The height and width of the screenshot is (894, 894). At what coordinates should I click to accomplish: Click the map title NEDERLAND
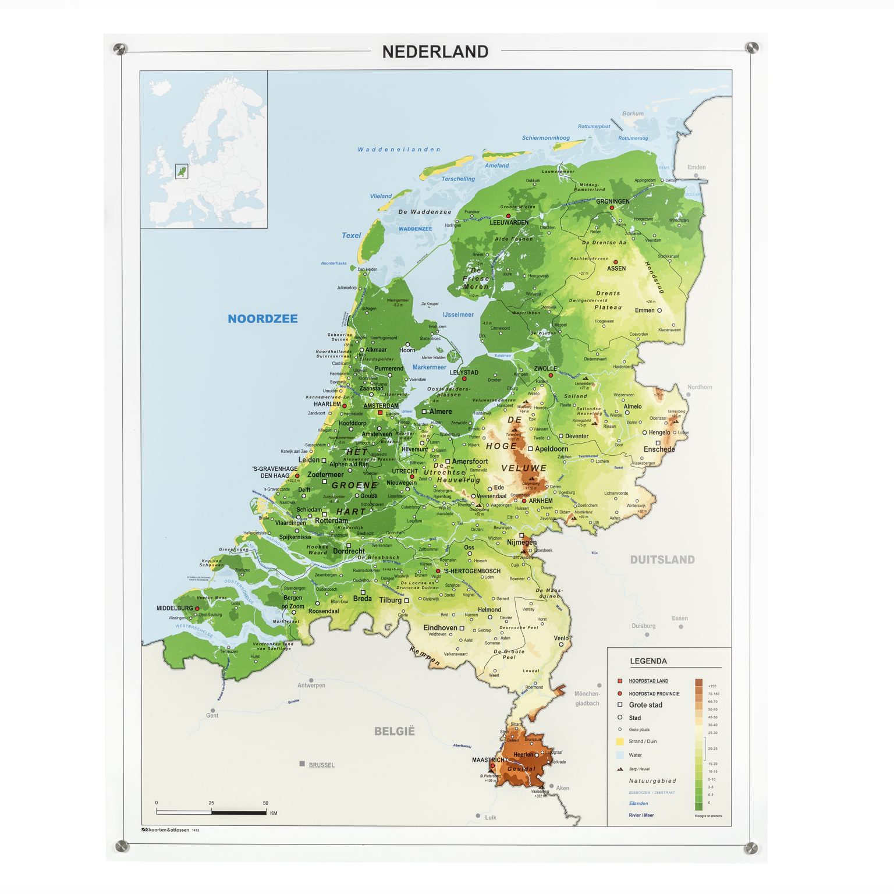(x=435, y=52)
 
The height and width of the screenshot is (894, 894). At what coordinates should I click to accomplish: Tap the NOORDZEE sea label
(x=262, y=318)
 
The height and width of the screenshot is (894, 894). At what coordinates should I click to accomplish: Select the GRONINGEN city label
(x=612, y=201)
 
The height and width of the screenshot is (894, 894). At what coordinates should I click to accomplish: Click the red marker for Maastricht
(x=492, y=767)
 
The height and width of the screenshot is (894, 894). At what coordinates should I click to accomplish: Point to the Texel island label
(x=351, y=235)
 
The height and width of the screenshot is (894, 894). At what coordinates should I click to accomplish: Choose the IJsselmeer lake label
(x=458, y=314)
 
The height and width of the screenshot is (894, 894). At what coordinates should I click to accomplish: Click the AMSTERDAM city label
(x=381, y=406)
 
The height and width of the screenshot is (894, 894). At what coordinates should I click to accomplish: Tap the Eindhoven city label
(x=440, y=627)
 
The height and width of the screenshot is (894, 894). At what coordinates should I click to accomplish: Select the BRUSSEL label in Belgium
(x=321, y=765)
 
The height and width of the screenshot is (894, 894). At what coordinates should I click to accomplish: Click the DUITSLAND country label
(x=662, y=559)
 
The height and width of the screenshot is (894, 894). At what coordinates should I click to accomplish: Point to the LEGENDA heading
(x=648, y=661)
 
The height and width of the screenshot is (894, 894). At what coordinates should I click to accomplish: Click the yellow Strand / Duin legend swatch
(x=620, y=742)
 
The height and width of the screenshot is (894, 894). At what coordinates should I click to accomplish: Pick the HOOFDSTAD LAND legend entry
(x=648, y=680)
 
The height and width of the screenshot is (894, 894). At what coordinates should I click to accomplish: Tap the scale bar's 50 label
(x=265, y=803)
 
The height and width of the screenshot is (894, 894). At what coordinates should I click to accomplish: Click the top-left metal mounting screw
(x=120, y=48)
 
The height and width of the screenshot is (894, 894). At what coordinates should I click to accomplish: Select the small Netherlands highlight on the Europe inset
(x=182, y=171)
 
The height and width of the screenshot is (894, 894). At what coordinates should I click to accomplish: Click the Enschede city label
(x=659, y=449)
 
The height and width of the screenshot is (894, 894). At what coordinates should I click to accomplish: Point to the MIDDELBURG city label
(x=174, y=608)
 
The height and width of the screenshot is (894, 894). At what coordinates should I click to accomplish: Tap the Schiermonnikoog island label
(x=545, y=138)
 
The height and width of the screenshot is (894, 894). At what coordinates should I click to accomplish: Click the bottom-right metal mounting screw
(x=751, y=847)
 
